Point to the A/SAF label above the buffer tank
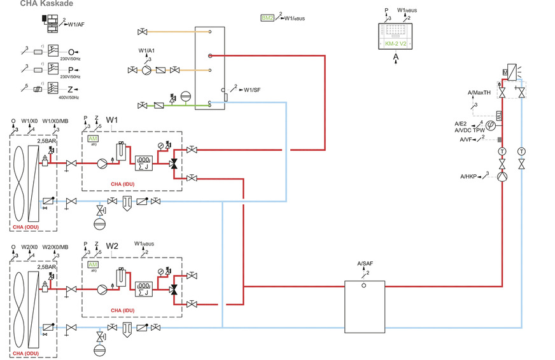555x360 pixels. (365, 263)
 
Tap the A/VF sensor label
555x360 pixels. (467, 139)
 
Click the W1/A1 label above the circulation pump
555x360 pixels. (147, 50)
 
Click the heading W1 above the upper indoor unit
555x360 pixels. (112, 120)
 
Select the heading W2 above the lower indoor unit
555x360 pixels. (112, 246)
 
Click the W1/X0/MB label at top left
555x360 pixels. (53, 121)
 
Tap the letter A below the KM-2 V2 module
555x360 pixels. (396, 56)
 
